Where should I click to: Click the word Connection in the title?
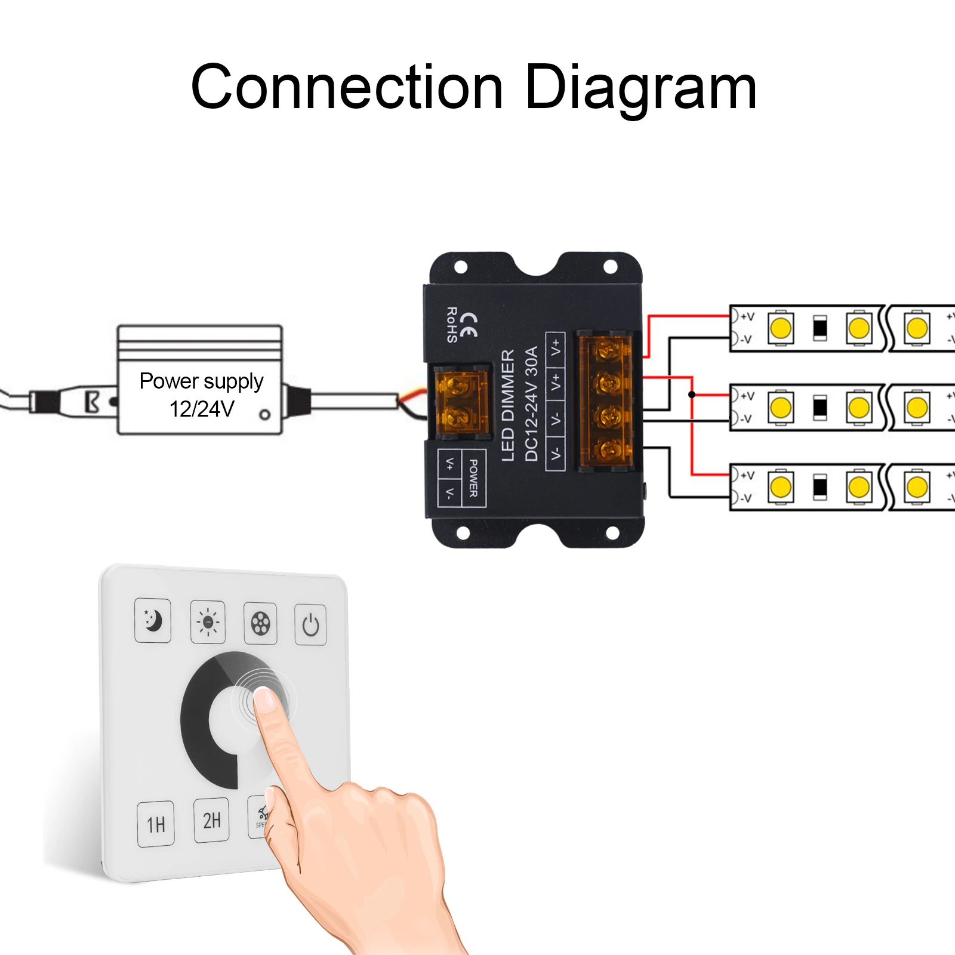tap(347, 88)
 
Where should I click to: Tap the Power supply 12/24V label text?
tap(201, 394)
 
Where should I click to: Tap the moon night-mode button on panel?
tap(153, 620)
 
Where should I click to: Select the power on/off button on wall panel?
tap(310, 625)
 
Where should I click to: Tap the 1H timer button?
tap(156, 824)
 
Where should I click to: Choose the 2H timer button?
tap(211, 820)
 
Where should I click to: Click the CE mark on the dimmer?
tap(469, 324)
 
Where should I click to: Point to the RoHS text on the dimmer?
tap(452, 325)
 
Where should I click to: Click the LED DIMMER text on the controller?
tap(508, 405)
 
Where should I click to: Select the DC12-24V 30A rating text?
tap(531, 403)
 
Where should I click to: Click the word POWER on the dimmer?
tap(473, 478)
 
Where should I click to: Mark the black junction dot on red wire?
tap(692, 395)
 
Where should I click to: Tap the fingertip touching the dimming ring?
tap(263, 698)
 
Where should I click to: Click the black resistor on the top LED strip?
tap(820, 328)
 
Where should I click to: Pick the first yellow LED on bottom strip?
tap(780, 486)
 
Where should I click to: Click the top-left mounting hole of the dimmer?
tap(461, 267)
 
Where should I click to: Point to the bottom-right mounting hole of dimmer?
tap(612, 533)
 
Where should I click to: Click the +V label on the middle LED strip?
tap(747, 396)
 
